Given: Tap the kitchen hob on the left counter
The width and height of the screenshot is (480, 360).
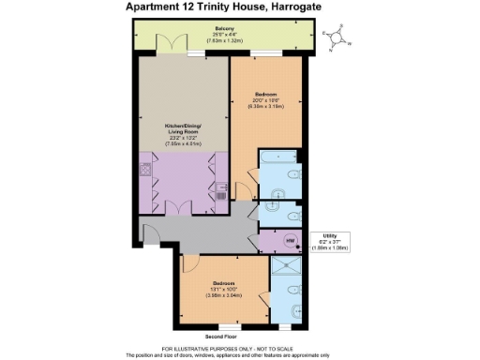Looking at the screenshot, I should click(x=147, y=171).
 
